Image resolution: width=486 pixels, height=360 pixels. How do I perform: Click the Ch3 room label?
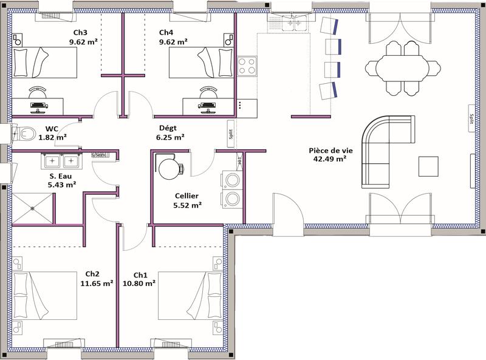(x=80, y=32)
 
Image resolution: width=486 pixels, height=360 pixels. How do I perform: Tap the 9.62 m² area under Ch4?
(x=173, y=42)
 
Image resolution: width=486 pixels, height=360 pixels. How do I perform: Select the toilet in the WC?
(x=24, y=132)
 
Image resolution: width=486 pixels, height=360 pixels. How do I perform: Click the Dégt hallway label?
(x=167, y=127)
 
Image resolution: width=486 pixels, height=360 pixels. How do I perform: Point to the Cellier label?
(x=187, y=195)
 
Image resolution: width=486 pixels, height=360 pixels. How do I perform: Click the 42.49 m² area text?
(x=327, y=159)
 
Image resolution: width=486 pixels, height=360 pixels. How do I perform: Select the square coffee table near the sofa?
(x=429, y=166)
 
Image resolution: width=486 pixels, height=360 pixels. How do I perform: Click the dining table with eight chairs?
(x=403, y=67)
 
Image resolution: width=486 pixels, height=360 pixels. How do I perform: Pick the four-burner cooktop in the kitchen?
(x=247, y=66)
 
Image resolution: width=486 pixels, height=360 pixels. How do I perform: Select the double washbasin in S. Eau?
(x=61, y=161)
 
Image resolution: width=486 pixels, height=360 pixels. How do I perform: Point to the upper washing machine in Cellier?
(x=231, y=180)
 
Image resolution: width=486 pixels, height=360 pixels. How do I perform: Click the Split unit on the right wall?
(x=471, y=118)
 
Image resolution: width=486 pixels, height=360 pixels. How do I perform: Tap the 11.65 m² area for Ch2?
(x=96, y=282)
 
